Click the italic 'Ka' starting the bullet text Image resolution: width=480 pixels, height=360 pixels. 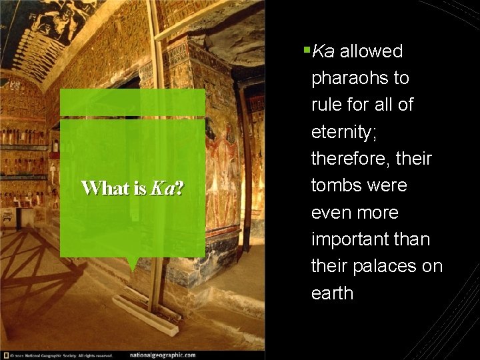coord(323,51)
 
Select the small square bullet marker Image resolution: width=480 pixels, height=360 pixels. coord(306,49)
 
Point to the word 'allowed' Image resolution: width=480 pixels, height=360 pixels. coord(371,51)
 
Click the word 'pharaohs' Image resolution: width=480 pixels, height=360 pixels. coord(351,78)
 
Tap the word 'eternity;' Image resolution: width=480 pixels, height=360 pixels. coord(344,132)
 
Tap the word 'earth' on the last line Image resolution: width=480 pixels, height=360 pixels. coord(332,293)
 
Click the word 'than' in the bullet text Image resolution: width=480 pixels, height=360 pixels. coord(411,239)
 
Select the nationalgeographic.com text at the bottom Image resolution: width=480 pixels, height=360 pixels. coord(163,355)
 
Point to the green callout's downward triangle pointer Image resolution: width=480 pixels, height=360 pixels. coord(133,264)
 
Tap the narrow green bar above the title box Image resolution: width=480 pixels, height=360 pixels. coord(133,103)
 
